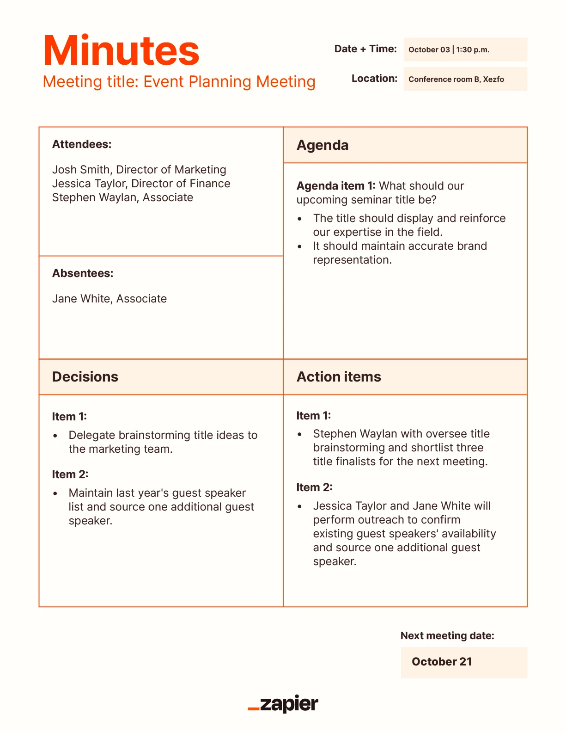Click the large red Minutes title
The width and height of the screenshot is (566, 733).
[x=121, y=51]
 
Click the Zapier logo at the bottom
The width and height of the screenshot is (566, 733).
[x=283, y=704]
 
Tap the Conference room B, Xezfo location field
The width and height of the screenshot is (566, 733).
[x=465, y=79]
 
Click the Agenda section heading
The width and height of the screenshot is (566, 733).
[x=323, y=145]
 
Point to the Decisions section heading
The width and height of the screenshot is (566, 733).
[x=85, y=377]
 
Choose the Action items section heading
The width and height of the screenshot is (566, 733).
[x=339, y=377]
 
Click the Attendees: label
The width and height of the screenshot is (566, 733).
[x=82, y=144]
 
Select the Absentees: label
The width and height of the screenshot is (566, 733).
[x=83, y=273]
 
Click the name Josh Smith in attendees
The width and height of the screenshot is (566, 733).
[x=81, y=170]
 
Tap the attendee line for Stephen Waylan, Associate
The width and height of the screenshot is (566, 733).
[x=122, y=197]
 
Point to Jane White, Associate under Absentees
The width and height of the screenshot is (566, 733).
[x=110, y=299]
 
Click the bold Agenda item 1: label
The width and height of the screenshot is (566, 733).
[x=336, y=186]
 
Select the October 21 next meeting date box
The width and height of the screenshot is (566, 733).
[x=464, y=662]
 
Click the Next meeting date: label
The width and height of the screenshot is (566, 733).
[x=447, y=636]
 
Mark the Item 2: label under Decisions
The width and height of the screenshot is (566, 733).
[x=70, y=474]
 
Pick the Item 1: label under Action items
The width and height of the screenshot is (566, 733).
[x=314, y=416]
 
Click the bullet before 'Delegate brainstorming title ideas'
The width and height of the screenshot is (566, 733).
[x=55, y=436]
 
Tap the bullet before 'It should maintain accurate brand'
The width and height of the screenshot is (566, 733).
[x=300, y=246]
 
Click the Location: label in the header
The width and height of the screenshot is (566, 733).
[x=374, y=79]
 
